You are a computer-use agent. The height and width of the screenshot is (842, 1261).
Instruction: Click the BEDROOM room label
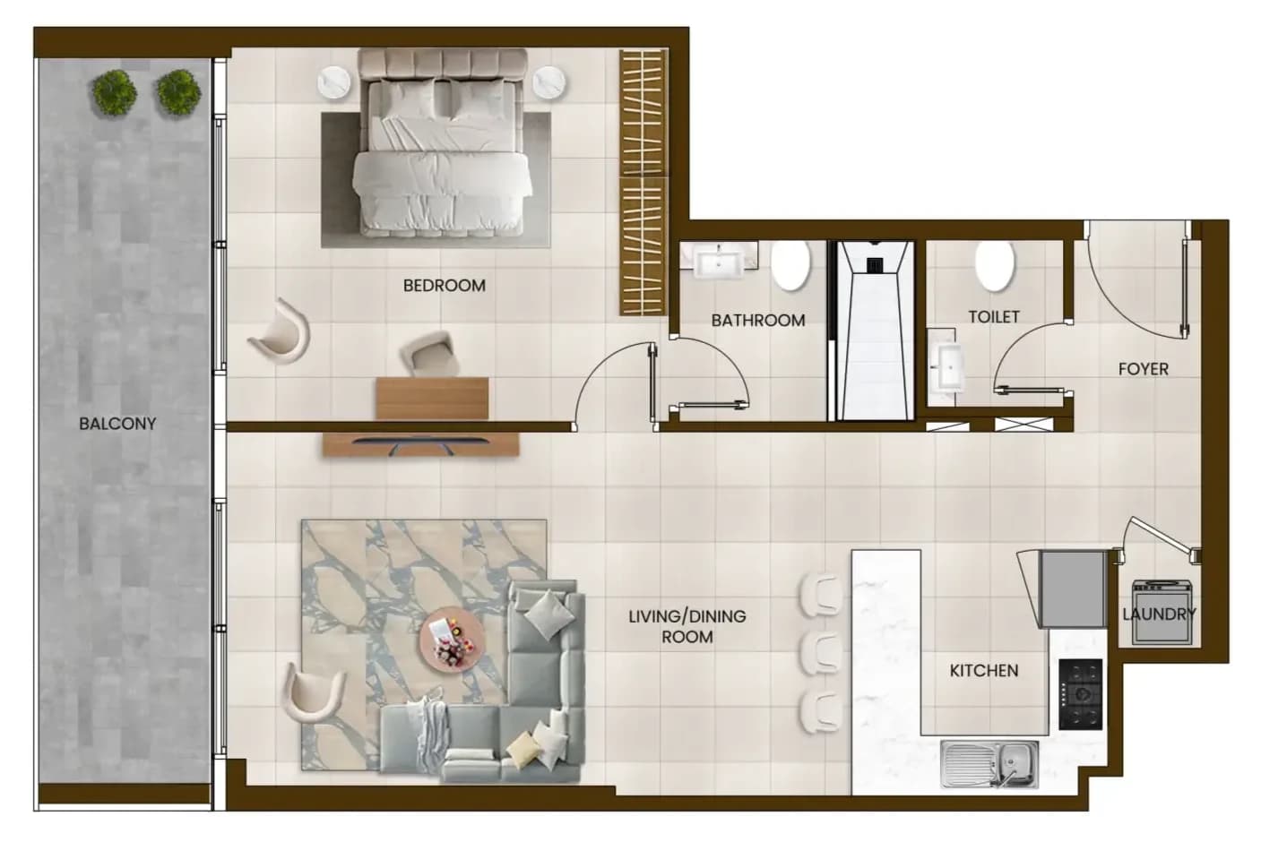coord(445,286)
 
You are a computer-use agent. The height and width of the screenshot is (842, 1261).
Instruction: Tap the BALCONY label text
coord(117,424)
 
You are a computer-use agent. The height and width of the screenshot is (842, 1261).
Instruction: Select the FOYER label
coord(1144,370)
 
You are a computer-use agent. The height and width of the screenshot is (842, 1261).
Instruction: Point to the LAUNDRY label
coord(1160,614)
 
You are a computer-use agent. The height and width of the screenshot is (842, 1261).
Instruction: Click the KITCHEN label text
coord(984,670)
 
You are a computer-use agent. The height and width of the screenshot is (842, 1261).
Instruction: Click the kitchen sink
coord(989,764)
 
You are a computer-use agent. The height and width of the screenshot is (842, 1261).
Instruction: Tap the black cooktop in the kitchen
coord(1080,694)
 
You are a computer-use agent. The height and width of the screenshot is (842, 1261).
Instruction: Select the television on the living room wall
coord(420,443)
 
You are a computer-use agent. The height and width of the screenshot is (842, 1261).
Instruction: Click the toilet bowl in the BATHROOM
coord(790,265)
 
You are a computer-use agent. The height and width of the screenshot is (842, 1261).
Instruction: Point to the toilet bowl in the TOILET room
coord(995,266)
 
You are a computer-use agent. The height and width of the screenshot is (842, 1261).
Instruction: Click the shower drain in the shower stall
coord(875,265)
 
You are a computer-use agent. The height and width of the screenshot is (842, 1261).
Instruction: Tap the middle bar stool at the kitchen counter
coord(822,653)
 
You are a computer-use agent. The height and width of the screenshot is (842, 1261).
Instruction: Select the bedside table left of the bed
coord(337,84)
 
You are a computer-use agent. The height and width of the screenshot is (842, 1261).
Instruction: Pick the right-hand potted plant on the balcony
coord(178,92)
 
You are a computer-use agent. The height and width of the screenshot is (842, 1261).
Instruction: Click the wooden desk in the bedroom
coord(432,399)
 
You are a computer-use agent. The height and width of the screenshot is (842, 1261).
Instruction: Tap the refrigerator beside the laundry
coord(1073,589)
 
